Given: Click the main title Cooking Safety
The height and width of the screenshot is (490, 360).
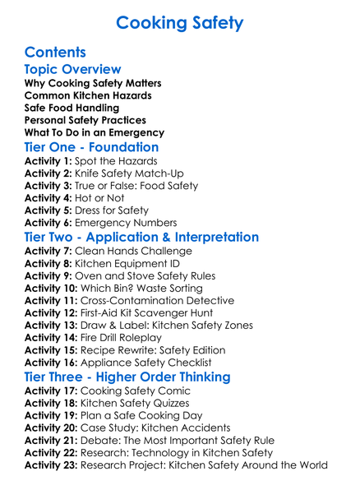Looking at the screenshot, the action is coord(179,21).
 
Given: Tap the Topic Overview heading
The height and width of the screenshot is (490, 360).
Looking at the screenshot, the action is coord(73,70).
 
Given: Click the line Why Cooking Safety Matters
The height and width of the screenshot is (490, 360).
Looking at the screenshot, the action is coord(93,85).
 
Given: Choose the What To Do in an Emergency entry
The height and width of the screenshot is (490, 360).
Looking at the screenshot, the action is coord(94,132).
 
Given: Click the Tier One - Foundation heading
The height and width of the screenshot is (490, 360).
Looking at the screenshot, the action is coord(90,149).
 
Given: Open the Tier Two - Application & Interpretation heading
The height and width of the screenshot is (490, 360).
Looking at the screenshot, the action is coord(141,238).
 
